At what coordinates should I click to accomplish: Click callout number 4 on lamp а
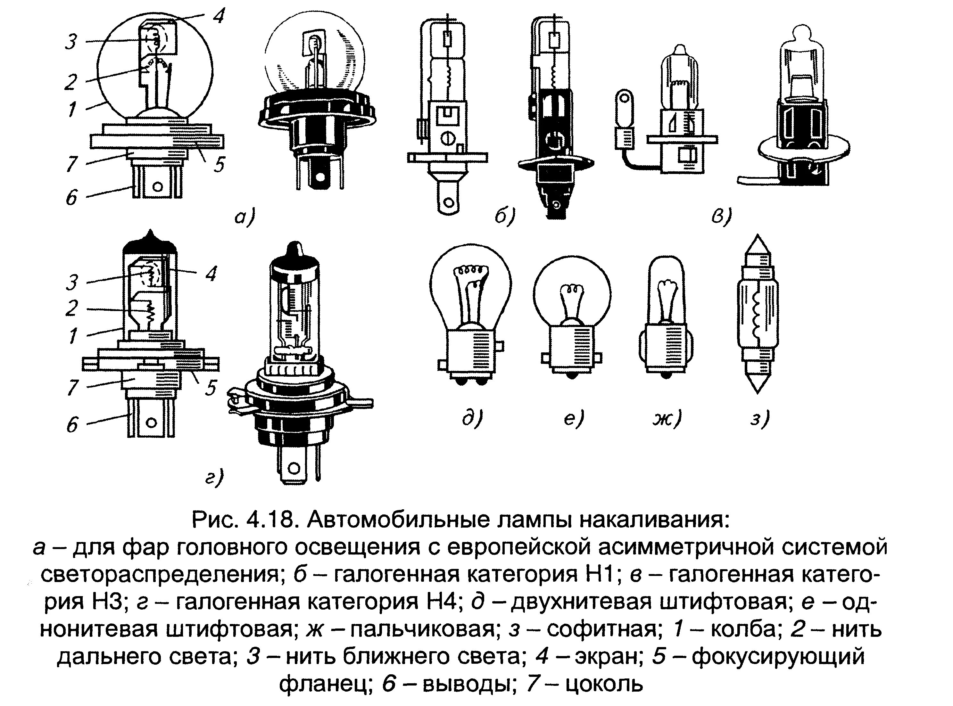(x=219, y=16)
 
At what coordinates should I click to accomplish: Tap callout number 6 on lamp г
(x=72, y=424)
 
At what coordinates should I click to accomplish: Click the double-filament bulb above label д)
(x=470, y=314)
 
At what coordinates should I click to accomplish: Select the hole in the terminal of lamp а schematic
(x=157, y=186)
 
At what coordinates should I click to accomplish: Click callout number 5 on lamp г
(x=210, y=388)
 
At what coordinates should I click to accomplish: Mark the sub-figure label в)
(x=721, y=217)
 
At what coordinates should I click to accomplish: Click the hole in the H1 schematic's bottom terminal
(x=448, y=201)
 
